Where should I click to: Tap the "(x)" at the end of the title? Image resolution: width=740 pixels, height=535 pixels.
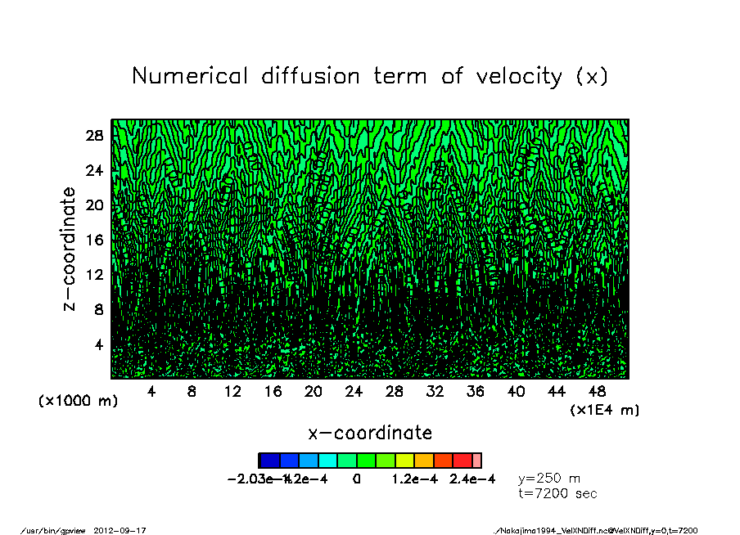pyautogui.click(x=591, y=76)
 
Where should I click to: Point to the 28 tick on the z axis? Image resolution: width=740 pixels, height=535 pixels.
pyautogui.click(x=95, y=136)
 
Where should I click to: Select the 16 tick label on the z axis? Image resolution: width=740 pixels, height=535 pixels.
pyautogui.click(x=95, y=240)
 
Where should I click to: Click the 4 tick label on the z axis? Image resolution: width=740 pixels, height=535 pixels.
pyautogui.click(x=99, y=344)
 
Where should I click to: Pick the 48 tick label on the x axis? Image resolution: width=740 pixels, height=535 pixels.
pyautogui.click(x=597, y=392)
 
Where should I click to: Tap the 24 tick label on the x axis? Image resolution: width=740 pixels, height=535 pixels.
pyautogui.click(x=354, y=392)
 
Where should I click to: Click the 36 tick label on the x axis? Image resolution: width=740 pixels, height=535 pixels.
pyautogui.click(x=476, y=392)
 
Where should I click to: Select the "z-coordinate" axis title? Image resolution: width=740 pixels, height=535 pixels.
pyautogui.click(x=70, y=249)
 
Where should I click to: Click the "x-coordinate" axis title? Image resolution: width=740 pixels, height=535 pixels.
pyautogui.click(x=370, y=433)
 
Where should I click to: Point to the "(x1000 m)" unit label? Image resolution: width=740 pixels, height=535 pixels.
pyautogui.click(x=78, y=402)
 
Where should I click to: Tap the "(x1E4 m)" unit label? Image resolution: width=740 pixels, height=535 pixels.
pyautogui.click(x=605, y=410)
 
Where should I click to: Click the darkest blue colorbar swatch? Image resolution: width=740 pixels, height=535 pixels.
pyautogui.click(x=268, y=461)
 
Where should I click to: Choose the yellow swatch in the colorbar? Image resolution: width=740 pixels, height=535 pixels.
pyautogui.click(x=405, y=461)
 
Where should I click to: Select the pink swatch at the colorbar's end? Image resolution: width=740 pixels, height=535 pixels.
pyautogui.click(x=477, y=461)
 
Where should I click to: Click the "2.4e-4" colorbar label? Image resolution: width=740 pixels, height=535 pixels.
pyautogui.click(x=472, y=479)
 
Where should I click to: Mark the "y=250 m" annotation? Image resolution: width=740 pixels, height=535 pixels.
pyautogui.click(x=549, y=479)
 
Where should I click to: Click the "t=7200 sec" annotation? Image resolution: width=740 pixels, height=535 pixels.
pyautogui.click(x=557, y=493)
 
